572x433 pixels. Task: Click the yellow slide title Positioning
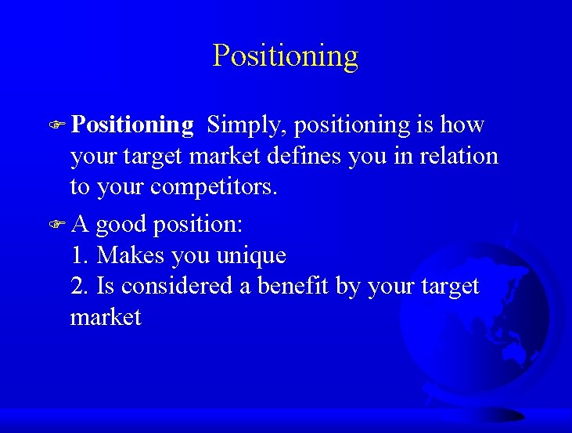point(286,56)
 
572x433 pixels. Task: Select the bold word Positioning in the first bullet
point(132,124)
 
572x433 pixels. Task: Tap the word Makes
point(126,255)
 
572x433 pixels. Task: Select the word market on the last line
point(106,317)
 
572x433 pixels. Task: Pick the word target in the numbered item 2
point(449,287)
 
